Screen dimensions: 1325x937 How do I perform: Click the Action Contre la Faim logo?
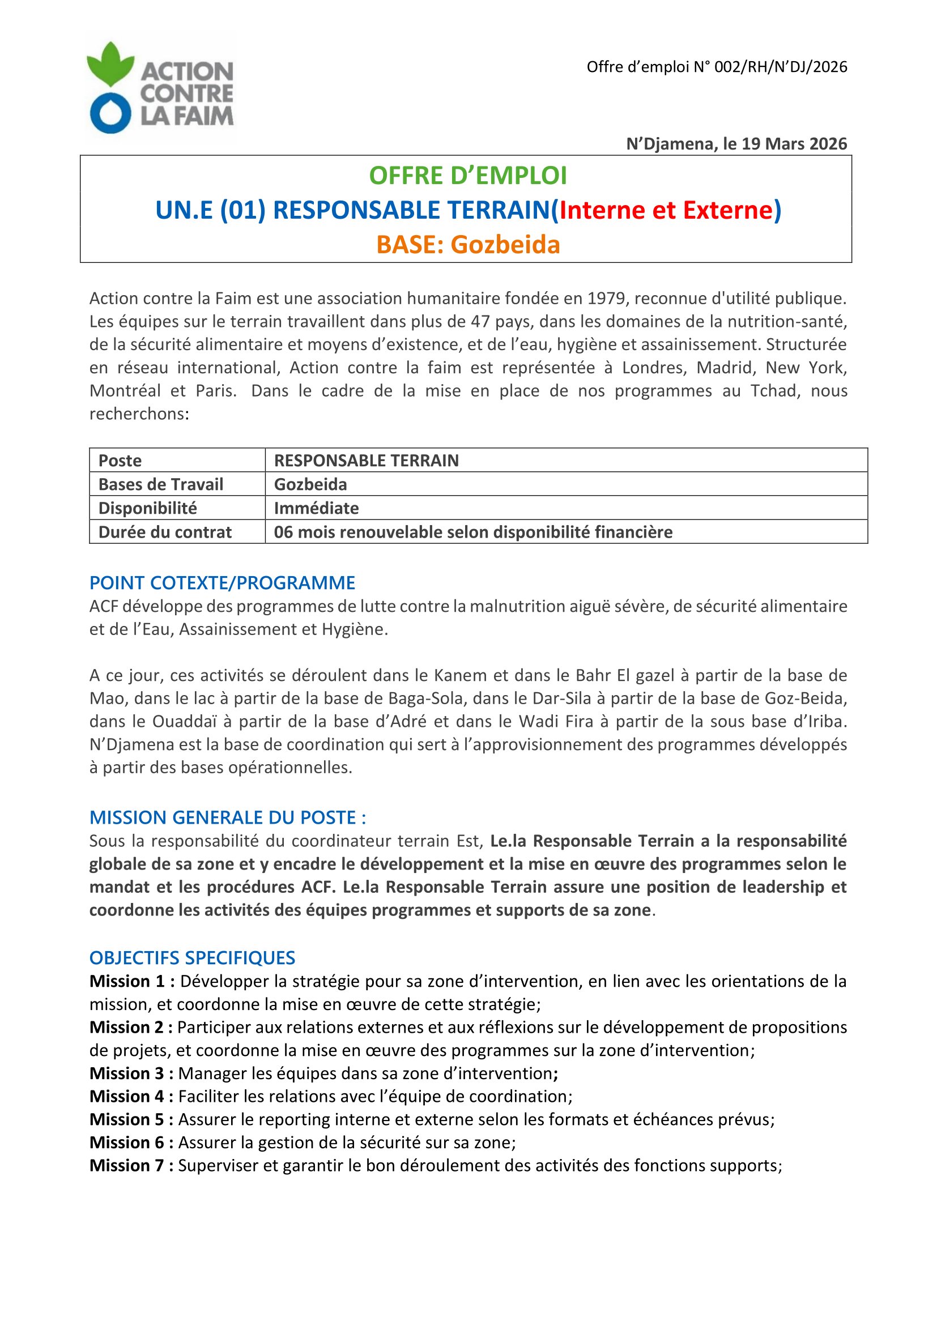click(160, 88)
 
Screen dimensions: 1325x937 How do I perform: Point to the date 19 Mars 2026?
click(794, 144)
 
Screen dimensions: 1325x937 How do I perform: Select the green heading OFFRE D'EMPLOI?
click(468, 176)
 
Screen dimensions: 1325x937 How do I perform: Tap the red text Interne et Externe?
click(666, 210)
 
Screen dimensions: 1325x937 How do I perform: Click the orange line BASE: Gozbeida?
click(468, 245)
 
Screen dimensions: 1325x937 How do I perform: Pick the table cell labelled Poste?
click(120, 461)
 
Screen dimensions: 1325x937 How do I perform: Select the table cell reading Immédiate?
click(316, 508)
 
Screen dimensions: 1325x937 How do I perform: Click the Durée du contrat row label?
click(165, 532)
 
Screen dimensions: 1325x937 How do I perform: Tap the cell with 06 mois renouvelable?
click(472, 532)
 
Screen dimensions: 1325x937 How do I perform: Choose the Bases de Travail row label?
click(161, 484)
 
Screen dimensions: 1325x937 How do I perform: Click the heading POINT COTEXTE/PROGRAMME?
click(222, 583)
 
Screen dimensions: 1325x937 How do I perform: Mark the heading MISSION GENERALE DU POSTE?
click(227, 818)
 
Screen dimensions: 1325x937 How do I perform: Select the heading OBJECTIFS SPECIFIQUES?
click(192, 958)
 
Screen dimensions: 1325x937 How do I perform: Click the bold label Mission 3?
click(131, 1073)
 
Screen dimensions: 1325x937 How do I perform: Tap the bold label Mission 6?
click(131, 1143)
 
